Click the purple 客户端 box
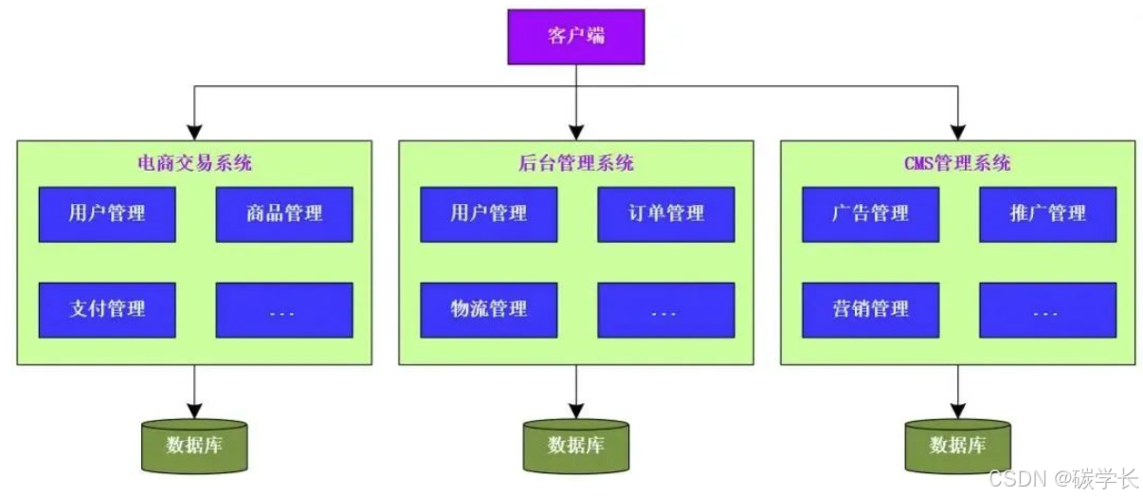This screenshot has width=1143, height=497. pyautogui.click(x=575, y=37)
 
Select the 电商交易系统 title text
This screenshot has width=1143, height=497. pyautogui.click(x=194, y=163)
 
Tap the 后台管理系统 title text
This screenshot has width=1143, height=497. pyautogui.click(x=575, y=163)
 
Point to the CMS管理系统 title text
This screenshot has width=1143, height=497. pyautogui.click(x=957, y=163)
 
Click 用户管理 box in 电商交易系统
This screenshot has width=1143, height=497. pyautogui.click(x=107, y=213)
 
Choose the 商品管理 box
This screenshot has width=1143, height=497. pyautogui.click(x=284, y=213)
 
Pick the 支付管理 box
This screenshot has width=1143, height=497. pyautogui.click(x=107, y=309)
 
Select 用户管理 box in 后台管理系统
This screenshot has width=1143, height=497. pyautogui.click(x=489, y=213)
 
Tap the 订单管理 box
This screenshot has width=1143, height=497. pyautogui.click(x=666, y=213)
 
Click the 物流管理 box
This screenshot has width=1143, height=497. pyautogui.click(x=489, y=309)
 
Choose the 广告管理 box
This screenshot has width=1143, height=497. pyautogui.click(x=870, y=213)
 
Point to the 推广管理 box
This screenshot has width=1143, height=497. pyautogui.click(x=1047, y=213)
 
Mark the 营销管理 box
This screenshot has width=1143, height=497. pyautogui.click(x=870, y=309)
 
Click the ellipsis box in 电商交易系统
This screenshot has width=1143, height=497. pyautogui.click(x=284, y=309)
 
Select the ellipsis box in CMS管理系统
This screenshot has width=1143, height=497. pyautogui.click(x=1047, y=309)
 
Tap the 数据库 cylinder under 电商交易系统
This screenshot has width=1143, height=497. pyautogui.click(x=194, y=445)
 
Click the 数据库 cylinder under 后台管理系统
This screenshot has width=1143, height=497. pyautogui.click(x=575, y=445)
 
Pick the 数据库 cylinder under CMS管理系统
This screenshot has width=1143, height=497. pyautogui.click(x=957, y=445)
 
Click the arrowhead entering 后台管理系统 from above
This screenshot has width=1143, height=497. pyautogui.click(x=575, y=133)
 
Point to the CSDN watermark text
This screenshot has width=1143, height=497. pyautogui.click(x=1062, y=479)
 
